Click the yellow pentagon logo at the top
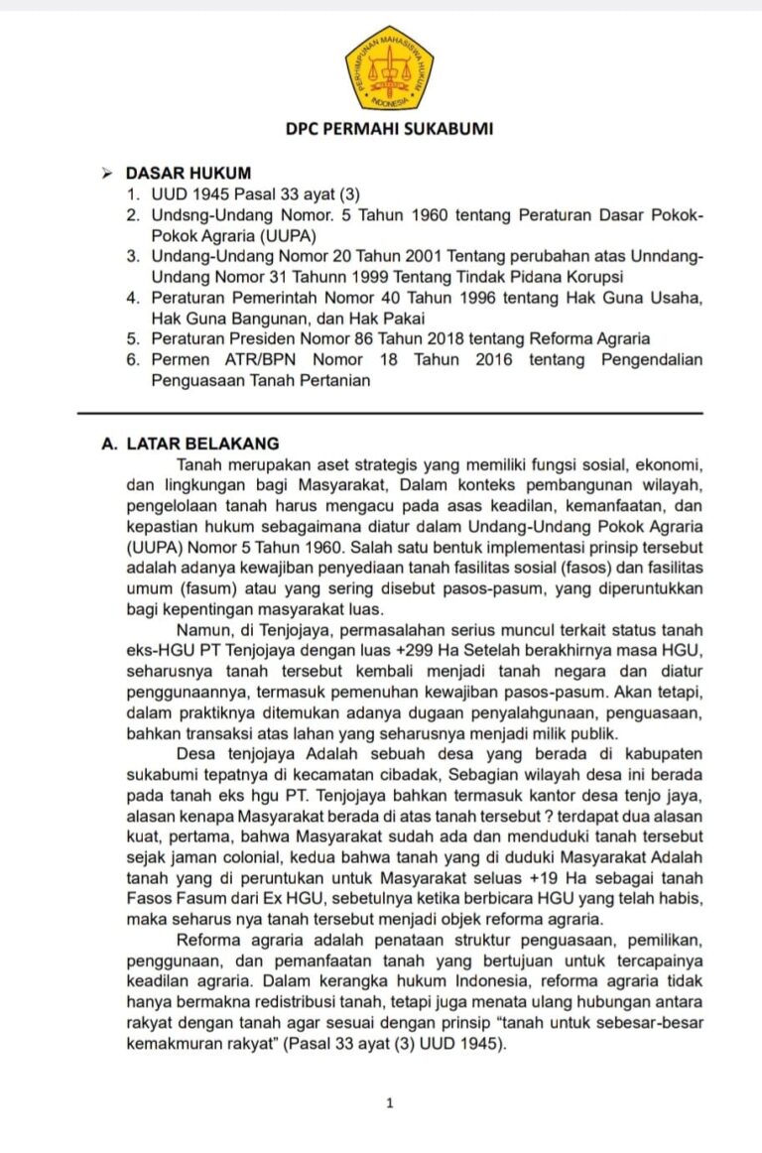(389, 67)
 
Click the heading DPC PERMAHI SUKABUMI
(389, 128)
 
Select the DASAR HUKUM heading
(188, 174)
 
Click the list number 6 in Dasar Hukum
(131, 359)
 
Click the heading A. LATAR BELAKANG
(190, 445)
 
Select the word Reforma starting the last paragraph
(210, 940)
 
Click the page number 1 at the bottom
(390, 1102)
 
